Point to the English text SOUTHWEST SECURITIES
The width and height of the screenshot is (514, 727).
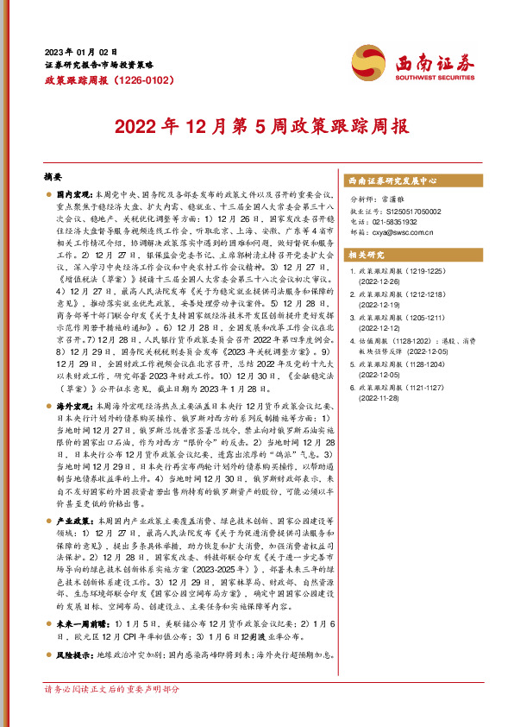tap(430, 73)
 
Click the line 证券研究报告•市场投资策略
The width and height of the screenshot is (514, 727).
tap(98, 66)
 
